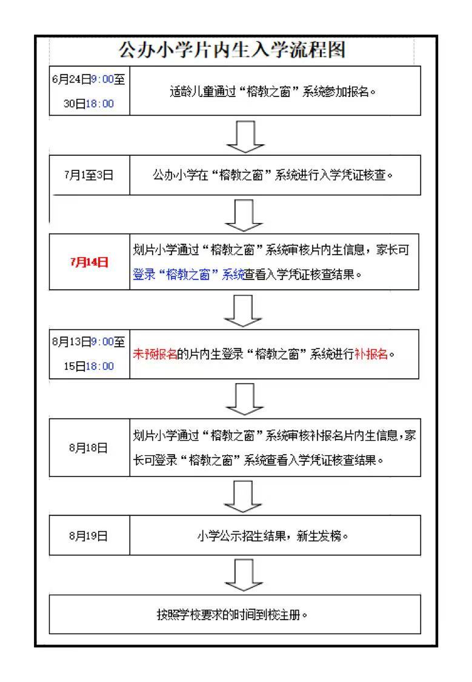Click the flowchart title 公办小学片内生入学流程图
click(x=232, y=50)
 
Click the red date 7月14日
click(x=89, y=262)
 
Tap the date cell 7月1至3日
click(x=88, y=175)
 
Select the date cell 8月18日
click(x=88, y=447)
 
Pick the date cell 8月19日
click(x=88, y=535)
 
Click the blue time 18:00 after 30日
click(x=99, y=104)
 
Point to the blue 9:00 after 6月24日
click(x=102, y=79)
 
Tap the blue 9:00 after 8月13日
click(x=102, y=342)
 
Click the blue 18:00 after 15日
click(x=99, y=366)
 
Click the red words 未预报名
click(x=155, y=354)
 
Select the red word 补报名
click(x=371, y=354)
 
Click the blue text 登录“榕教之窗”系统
click(x=188, y=275)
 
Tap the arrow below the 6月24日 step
click(x=245, y=136)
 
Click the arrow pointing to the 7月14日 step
click(x=244, y=215)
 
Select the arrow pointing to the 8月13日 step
click(x=243, y=311)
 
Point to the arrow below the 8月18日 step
click(x=243, y=496)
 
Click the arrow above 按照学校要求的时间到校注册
click(x=244, y=575)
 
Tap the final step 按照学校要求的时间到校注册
click(x=232, y=615)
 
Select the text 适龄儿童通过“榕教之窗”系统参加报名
click(x=273, y=92)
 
